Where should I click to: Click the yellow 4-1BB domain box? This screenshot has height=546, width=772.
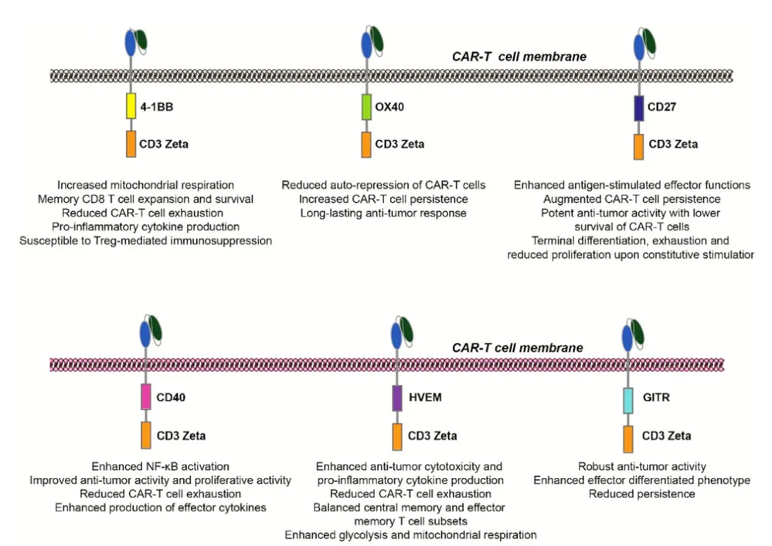132,106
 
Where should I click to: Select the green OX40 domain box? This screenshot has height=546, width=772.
366,106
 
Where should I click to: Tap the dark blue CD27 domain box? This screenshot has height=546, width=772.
638,106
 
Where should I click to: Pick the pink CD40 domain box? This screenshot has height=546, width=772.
145,396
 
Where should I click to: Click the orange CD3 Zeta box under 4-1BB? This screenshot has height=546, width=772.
132,144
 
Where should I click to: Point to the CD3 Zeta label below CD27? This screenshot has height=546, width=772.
673,145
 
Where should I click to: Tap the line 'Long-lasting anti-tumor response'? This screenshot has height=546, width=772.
373,213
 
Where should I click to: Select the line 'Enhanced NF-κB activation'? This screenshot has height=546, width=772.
160,466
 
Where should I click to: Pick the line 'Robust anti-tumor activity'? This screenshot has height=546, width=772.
641,466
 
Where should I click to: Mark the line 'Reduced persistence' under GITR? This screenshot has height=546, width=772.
641,493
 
